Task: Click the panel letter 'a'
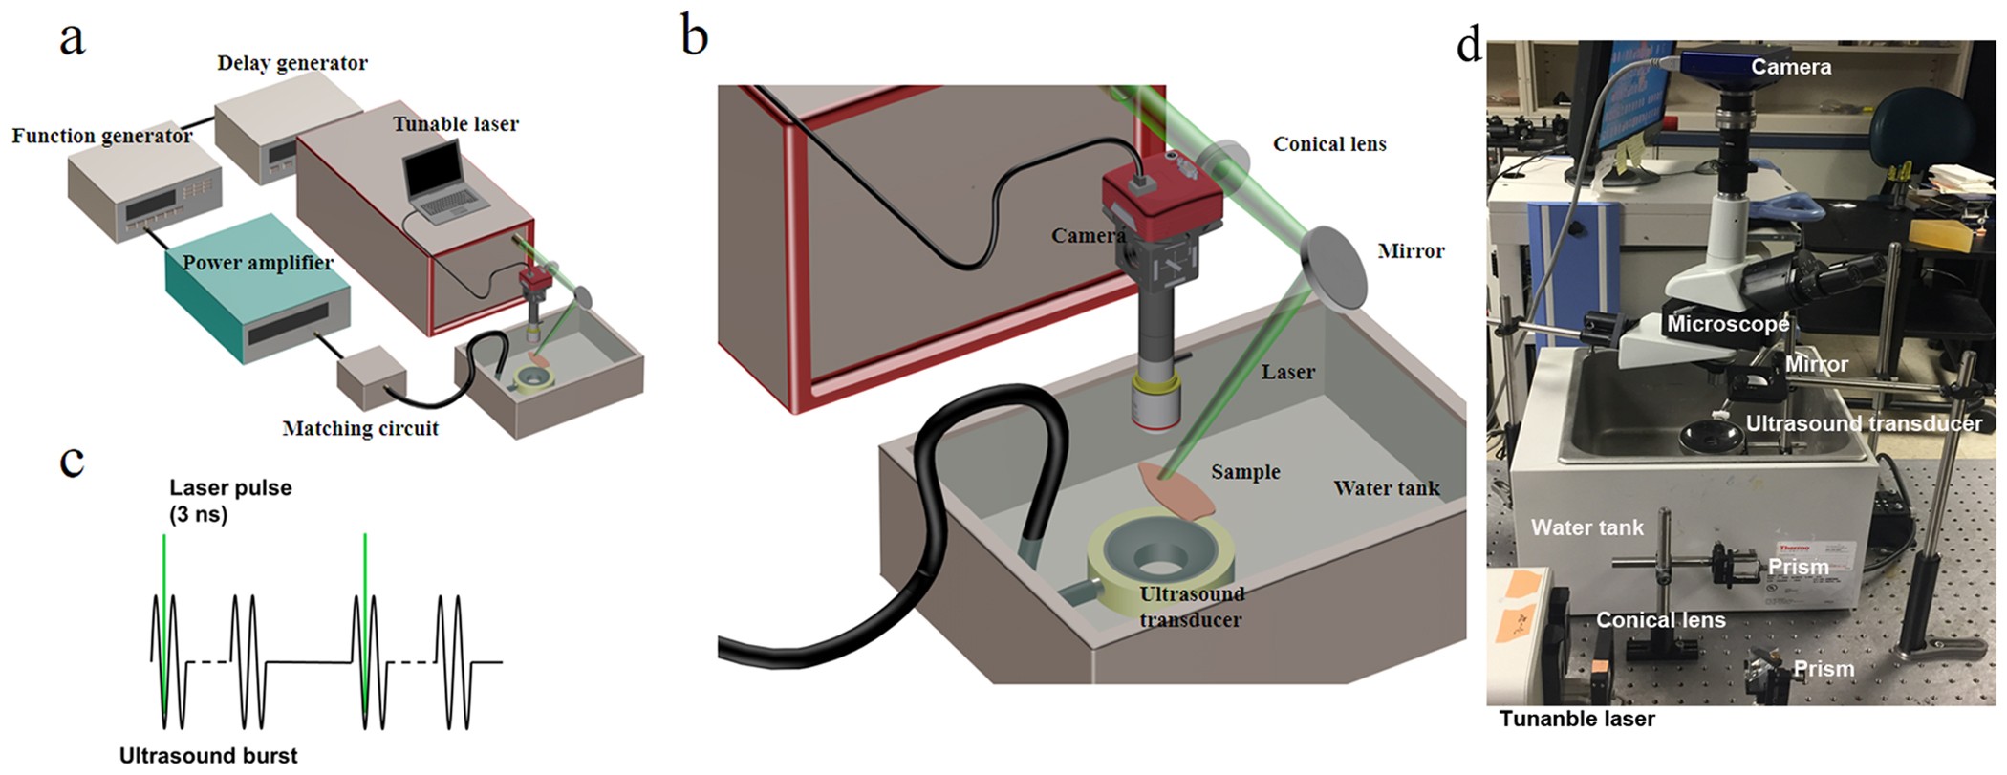click(72, 40)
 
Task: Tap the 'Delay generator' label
click(291, 63)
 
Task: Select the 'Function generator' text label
click(102, 136)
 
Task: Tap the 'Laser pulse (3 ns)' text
click(229, 501)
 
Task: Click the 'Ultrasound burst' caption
click(208, 755)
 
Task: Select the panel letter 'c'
click(72, 460)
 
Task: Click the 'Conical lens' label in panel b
click(1328, 144)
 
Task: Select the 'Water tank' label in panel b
click(1386, 488)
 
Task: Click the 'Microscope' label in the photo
click(1727, 324)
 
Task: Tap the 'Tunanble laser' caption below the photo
click(1576, 719)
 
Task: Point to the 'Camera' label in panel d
click(1790, 67)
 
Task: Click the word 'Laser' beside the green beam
click(1287, 372)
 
